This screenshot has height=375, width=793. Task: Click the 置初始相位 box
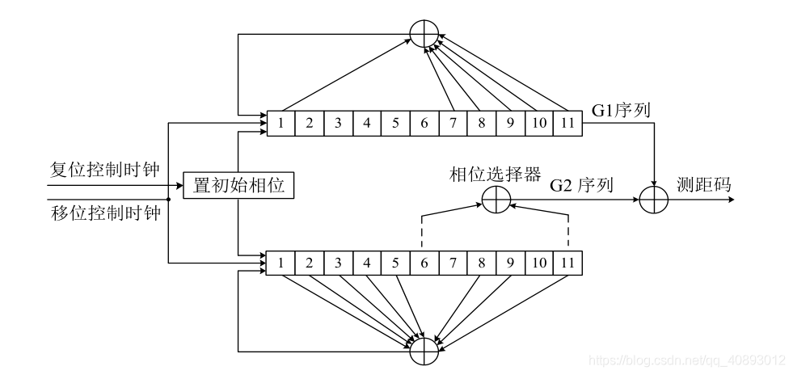(238, 186)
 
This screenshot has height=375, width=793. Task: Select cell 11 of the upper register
(567, 124)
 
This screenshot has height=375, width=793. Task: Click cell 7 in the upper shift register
(453, 124)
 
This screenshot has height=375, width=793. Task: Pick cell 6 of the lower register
(424, 262)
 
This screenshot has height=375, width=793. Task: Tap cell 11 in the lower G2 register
(567, 262)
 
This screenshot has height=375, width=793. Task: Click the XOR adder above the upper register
(424, 33)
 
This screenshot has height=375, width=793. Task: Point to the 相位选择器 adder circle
(496, 200)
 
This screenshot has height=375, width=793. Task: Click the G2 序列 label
(580, 186)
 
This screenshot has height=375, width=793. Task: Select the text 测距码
(703, 185)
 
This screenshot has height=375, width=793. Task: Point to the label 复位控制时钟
(104, 170)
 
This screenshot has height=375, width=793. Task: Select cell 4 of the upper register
(367, 124)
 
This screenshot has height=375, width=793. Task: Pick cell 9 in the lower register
(510, 262)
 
